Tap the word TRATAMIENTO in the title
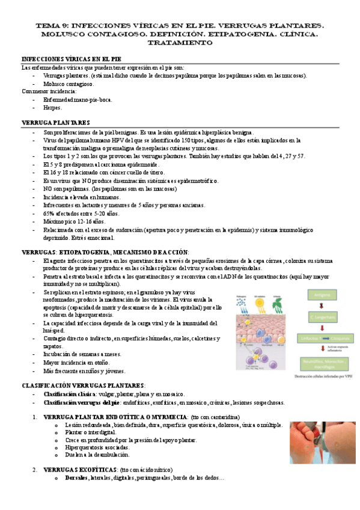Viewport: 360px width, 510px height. tap(179, 43)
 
